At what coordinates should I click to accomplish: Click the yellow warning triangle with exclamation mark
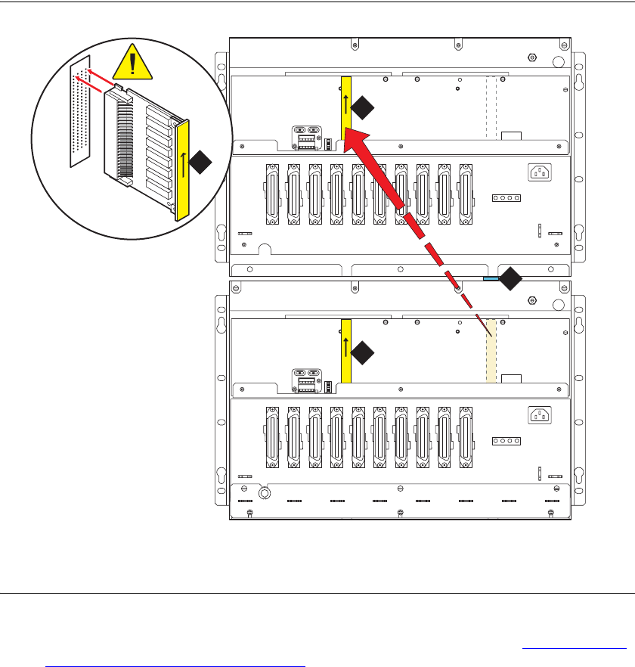[134, 60]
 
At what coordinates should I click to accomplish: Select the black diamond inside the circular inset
[200, 161]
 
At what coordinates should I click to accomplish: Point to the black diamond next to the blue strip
[512, 279]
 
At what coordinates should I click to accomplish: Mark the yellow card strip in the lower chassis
[347, 350]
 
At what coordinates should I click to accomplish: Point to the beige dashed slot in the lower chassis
[490, 350]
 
